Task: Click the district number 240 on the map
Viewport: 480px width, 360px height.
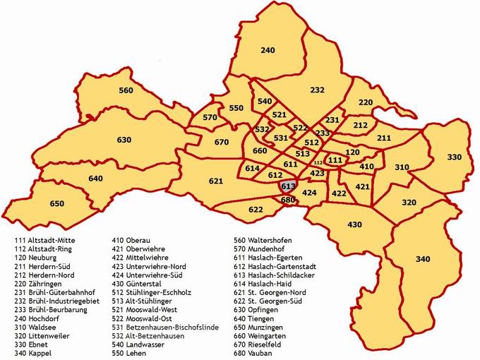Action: (x=268, y=51)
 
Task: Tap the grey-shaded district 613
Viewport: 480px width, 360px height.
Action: (x=287, y=186)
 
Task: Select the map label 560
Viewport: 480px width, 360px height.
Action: (x=126, y=90)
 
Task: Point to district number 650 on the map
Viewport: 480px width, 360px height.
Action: (x=57, y=204)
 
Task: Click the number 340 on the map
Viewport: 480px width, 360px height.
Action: (x=423, y=260)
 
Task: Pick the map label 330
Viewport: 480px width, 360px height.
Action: (x=455, y=157)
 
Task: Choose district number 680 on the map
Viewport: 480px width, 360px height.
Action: (x=287, y=200)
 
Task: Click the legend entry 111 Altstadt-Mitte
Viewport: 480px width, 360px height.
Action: (x=44, y=241)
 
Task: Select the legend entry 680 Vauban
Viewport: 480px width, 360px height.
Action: (x=260, y=352)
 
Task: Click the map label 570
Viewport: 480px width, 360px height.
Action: (x=210, y=117)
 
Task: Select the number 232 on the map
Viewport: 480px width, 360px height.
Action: (x=317, y=90)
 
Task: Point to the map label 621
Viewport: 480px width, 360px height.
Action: (x=216, y=181)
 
